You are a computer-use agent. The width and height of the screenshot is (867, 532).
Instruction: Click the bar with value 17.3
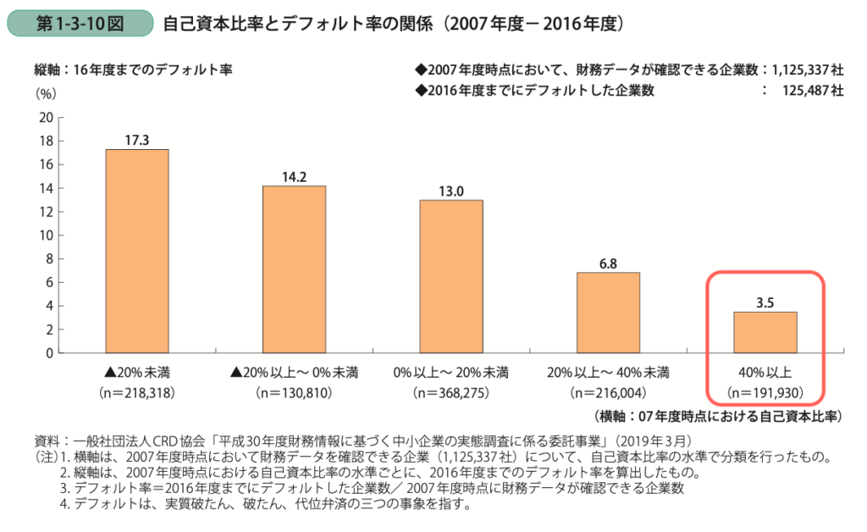[136, 251]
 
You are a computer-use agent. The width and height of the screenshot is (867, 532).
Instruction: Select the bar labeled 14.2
[294, 269]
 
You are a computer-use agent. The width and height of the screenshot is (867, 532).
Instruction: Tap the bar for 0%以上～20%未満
[451, 276]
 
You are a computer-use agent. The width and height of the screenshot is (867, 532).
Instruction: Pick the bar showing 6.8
[608, 313]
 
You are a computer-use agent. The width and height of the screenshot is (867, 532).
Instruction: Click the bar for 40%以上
[765, 332]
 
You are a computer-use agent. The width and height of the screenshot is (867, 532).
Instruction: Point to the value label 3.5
[765, 302]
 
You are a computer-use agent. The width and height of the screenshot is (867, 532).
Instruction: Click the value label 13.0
[451, 191]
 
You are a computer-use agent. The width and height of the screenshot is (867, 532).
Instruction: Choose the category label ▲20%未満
[136, 372]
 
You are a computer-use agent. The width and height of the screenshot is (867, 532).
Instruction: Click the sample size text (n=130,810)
[294, 392]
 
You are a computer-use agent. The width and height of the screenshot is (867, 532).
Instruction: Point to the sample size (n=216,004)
[608, 392]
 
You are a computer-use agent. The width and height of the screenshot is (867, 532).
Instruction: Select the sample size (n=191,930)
[765, 392]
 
